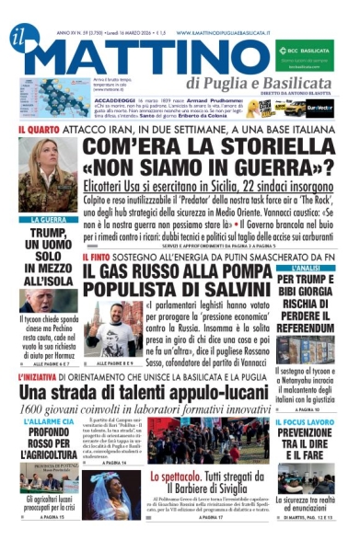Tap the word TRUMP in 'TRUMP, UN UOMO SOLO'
click(48, 234)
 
